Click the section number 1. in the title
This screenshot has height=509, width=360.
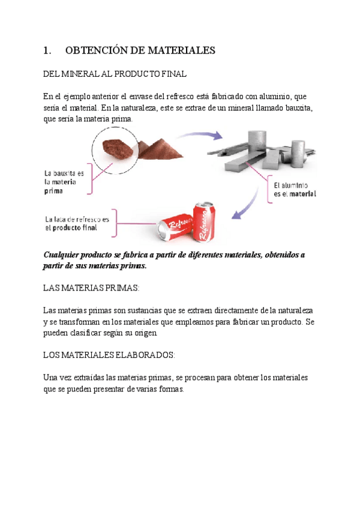click(x=47, y=51)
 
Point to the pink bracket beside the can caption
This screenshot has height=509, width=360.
click(x=121, y=223)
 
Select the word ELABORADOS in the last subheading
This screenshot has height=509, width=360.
click(x=142, y=355)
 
